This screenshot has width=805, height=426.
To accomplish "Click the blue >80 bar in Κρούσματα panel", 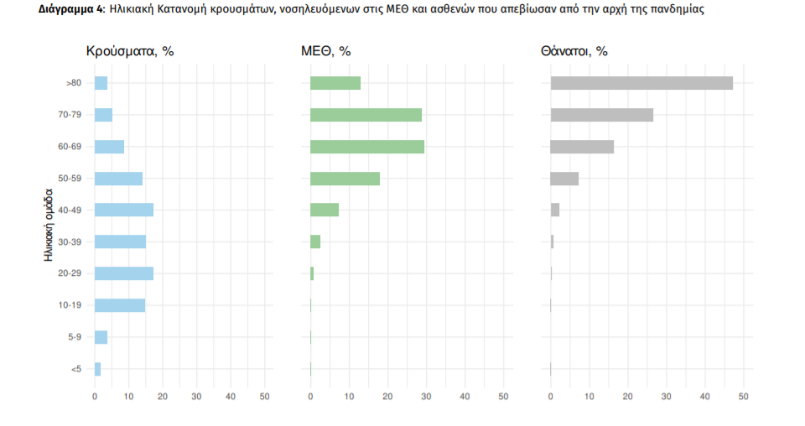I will pos(101,83).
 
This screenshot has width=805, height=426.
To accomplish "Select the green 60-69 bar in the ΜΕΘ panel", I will pos(367,147).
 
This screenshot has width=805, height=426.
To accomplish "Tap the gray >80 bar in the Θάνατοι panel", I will pos(641,83).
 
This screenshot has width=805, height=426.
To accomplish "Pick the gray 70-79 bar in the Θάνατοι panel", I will pos(601,115).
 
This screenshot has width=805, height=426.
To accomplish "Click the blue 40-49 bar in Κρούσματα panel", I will pos(123,210).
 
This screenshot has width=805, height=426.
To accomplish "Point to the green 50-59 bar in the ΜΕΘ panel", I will pos(345,179).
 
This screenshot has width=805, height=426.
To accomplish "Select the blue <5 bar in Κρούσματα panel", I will pos(97,369).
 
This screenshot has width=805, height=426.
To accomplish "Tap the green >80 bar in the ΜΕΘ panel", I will pos(335,83).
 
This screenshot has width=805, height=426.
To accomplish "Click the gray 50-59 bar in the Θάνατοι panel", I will pos(564,179).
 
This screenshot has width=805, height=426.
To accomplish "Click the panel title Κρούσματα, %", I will pos(130,51).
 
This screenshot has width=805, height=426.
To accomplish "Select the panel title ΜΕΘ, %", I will pos(325,51).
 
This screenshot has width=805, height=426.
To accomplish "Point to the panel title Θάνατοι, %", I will pos(574,51).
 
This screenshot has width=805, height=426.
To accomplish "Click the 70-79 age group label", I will pos(70,115).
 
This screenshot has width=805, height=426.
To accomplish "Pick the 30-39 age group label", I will pos(70,242).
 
